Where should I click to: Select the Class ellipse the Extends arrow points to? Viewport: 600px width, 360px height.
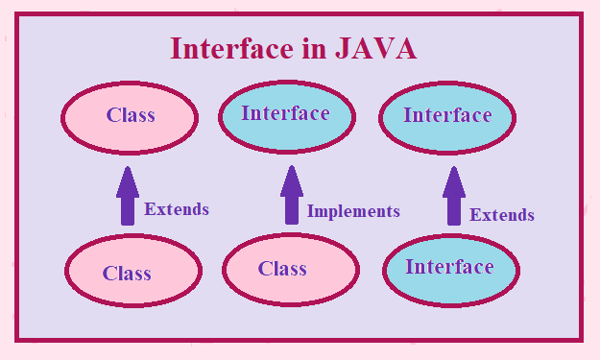tap(131, 116)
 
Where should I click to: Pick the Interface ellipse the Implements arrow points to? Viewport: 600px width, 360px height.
tap(286, 114)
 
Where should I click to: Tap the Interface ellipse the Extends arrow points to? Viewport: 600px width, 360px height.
tap(448, 116)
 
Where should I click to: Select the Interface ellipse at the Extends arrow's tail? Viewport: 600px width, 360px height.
tap(449, 268)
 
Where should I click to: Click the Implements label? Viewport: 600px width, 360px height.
tap(353, 211)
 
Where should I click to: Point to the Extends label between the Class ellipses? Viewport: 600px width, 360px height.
tap(177, 209)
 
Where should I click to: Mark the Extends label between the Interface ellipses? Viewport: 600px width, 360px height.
tap(502, 215)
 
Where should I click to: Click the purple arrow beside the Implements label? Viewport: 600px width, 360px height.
tap(292, 196)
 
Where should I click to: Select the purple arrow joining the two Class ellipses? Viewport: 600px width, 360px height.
tap(129, 196)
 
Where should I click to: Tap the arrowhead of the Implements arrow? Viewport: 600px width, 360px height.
tap(292, 179)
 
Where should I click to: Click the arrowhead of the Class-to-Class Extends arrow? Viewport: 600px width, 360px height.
tap(129, 179)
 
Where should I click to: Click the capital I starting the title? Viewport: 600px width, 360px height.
tap(177, 49)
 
